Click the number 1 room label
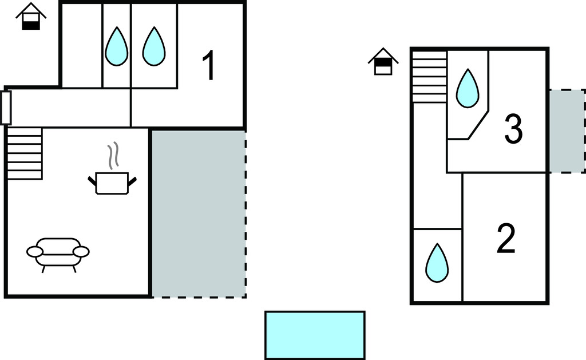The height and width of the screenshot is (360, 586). tap(209, 66)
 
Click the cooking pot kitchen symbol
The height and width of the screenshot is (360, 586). tap(112, 183)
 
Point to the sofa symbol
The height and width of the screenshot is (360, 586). tap(58, 252)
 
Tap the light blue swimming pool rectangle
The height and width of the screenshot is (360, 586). tap(315, 335)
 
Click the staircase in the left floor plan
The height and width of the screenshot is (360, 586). tap(24, 153)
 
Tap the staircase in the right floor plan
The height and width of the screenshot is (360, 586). tap(429, 77)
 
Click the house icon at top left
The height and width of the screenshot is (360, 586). tap(31, 17)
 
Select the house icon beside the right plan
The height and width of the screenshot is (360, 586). tap(383, 62)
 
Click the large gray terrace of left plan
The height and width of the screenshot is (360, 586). tap(199, 213)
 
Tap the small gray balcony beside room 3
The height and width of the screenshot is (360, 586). tap(567, 131)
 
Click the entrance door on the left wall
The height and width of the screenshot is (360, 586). tap(6, 107)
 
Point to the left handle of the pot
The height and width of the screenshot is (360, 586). tap(92, 181)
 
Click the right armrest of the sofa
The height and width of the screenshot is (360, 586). tap(81, 251)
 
